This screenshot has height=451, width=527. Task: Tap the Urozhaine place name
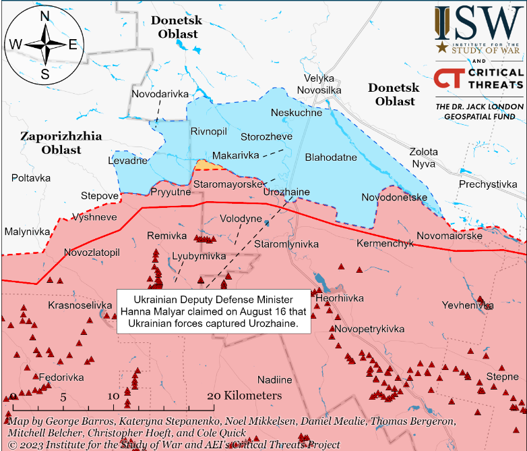coord(286,192)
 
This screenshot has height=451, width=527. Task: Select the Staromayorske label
coord(227,184)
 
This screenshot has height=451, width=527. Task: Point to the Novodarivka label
coord(160,94)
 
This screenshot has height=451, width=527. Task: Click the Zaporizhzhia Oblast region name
coord(61,142)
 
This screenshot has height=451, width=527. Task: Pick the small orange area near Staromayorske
coord(205,165)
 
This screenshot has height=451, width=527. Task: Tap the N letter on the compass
coord(44,17)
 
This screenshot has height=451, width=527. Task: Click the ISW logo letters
coord(478,24)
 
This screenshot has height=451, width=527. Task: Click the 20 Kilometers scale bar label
coord(244,396)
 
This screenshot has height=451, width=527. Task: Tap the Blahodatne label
coord(331,157)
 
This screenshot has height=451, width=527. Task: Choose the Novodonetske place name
coord(394,197)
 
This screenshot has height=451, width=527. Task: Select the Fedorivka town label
coord(61,377)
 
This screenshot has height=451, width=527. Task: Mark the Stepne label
coord(502,375)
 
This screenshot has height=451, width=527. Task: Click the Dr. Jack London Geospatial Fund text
coord(479,112)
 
